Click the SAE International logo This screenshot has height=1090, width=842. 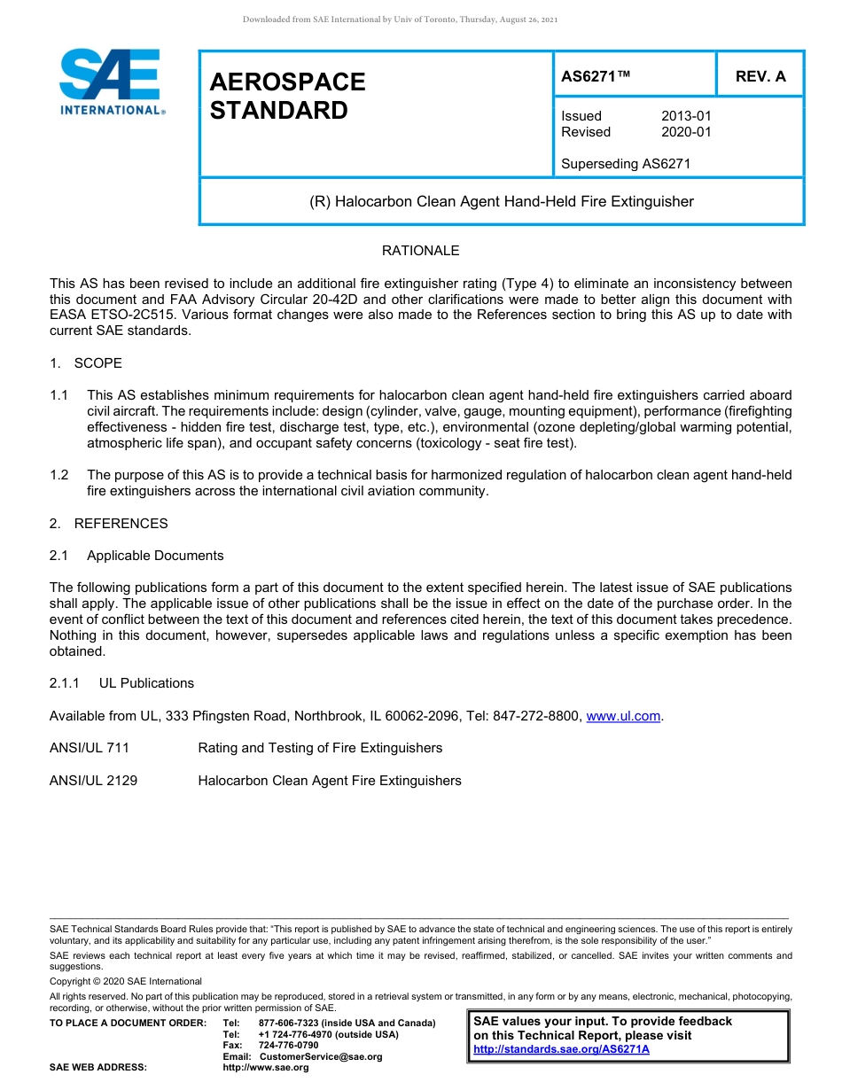pos(110,82)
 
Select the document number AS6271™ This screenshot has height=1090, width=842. pos(596,76)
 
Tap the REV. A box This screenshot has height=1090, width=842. pos(760,76)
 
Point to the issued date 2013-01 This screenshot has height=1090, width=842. pos(686,116)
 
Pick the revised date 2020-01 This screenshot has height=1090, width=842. pos(686,132)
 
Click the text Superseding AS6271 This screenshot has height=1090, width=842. pos(625,164)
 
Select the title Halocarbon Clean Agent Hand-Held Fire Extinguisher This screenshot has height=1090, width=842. pos(501,202)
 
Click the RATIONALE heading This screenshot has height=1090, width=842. pos(420,251)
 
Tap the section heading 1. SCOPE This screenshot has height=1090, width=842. pos(86,363)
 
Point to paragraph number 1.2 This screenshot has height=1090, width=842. pos(58,475)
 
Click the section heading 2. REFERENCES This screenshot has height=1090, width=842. pos(108,524)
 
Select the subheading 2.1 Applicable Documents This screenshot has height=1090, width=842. pos(136,556)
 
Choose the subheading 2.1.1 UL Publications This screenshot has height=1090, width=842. pos(121,683)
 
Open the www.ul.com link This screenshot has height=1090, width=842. pos(623,716)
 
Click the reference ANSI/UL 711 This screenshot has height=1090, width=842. pos(90,748)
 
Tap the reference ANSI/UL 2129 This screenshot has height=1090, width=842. pos(93,781)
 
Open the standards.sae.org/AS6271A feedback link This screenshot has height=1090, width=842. pos(561,1049)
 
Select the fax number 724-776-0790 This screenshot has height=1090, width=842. pos(288,1046)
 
